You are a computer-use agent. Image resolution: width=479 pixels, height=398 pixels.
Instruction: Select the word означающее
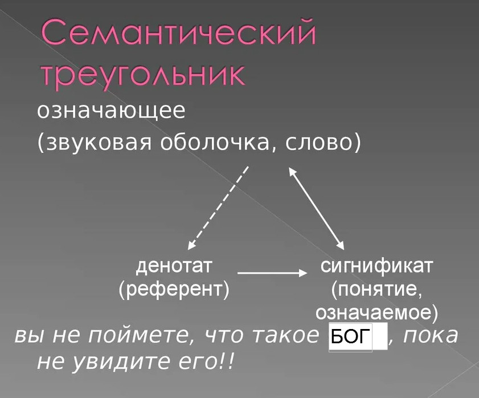coord(111,111)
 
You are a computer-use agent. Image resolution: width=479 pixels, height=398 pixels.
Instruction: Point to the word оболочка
coord(215,143)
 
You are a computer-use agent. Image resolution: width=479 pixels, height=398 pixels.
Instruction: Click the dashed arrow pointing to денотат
coord(218,208)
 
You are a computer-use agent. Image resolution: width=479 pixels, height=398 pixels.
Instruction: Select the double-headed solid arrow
coord(317,208)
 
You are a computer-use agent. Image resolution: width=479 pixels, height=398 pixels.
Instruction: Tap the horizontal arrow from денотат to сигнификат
coord(272,273)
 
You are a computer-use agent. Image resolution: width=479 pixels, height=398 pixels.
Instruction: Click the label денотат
coord(174,266)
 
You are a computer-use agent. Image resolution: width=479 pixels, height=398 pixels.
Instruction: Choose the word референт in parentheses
coord(174,289)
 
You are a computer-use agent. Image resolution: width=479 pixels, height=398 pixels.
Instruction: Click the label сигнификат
coord(376,266)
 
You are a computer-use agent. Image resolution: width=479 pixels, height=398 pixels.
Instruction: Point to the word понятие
coord(377,289)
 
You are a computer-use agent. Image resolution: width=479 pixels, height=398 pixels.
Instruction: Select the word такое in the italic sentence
coord(285,336)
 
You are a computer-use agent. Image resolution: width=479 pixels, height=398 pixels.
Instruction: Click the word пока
coord(431,336)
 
